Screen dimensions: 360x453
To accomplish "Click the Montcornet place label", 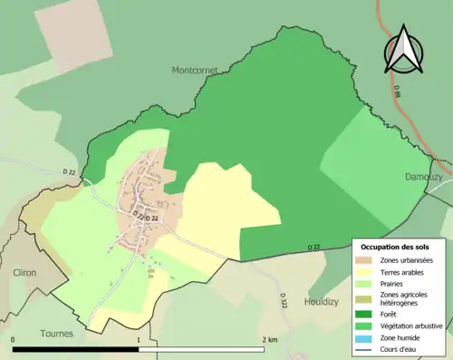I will coord(196,69).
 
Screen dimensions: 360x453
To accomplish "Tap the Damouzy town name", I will coord(424,177).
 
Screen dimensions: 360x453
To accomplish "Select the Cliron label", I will coord(24,272).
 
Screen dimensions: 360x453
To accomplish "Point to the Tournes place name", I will coord(56,333).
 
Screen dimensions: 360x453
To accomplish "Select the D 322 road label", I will coord(283,298).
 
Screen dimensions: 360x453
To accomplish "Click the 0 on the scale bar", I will coord(14,339).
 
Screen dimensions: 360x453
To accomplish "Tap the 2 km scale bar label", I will coord(269,339).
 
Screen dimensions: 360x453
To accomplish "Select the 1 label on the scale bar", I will coord(138,339).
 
